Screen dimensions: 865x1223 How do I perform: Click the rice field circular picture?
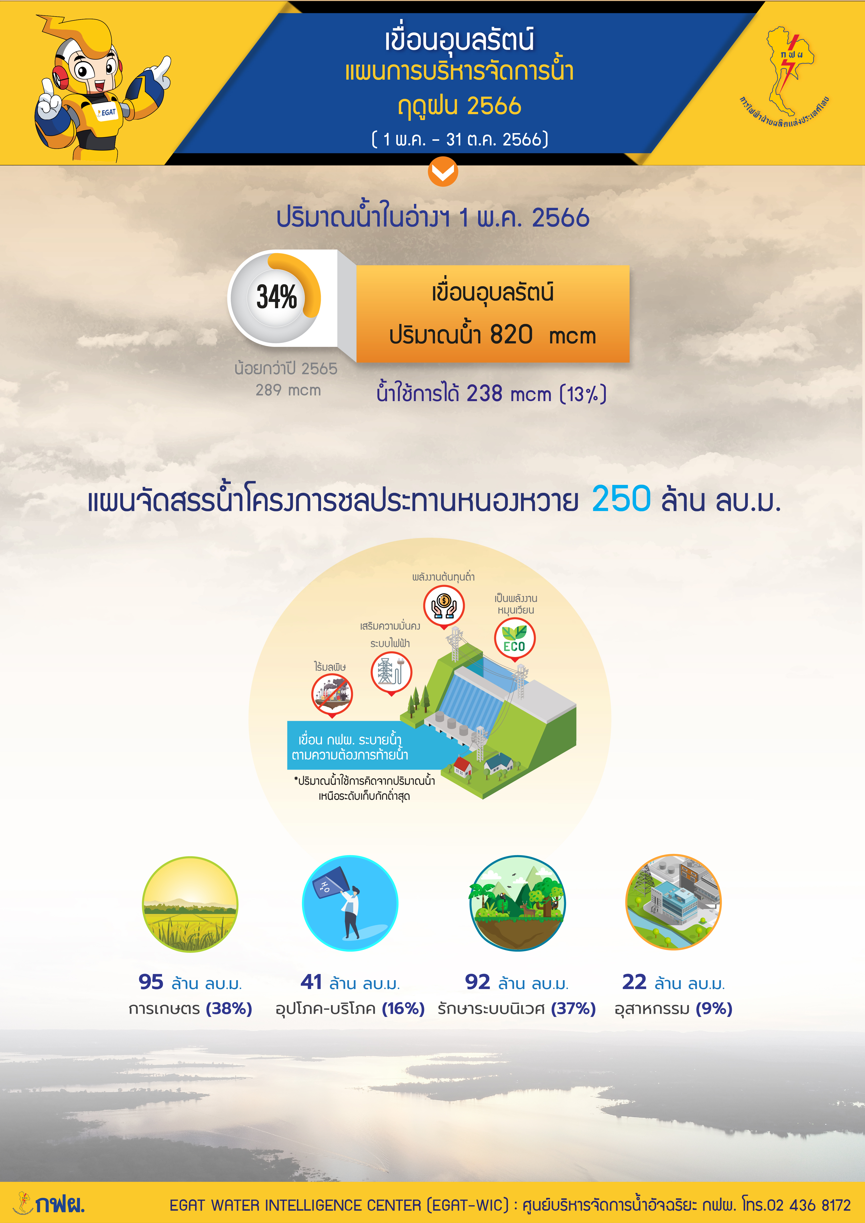point(190,904)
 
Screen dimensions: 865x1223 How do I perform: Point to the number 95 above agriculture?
point(151,982)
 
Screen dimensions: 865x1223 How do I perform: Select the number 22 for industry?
point(634,982)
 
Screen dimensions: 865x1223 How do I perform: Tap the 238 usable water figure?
point(484,394)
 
